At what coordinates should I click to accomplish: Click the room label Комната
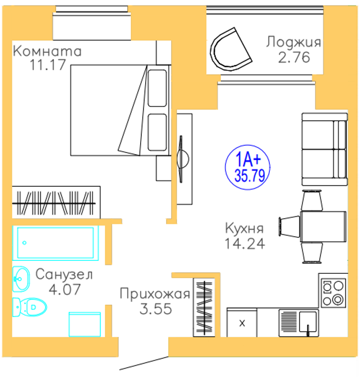pos(47,52)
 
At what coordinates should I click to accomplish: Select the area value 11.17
pos(48,65)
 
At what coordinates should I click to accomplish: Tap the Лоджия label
pos(293,42)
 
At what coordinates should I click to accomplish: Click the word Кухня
pos(244,229)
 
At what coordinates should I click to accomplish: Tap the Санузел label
pos(63,275)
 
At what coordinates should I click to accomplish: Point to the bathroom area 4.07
pos(64,289)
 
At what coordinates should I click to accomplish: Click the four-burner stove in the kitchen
pos(333,293)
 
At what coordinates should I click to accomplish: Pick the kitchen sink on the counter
pos(308,322)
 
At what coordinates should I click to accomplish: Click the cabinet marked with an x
pos(242,323)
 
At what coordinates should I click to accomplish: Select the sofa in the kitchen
pos(324,149)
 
